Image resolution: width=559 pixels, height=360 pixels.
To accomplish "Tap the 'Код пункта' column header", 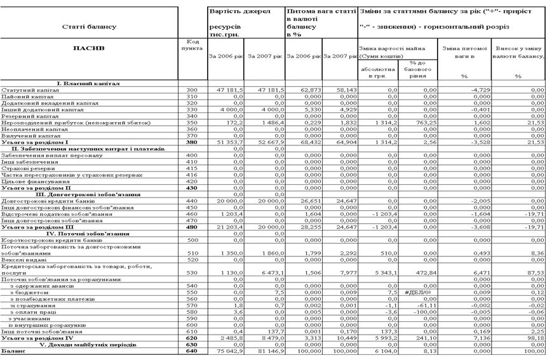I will coord(191,45).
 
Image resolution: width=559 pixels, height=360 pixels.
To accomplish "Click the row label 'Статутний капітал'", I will coord(27,90).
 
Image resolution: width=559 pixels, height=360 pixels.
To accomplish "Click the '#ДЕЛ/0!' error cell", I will coord(417,291).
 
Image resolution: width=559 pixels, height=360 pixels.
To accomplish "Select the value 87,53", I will coord(537,272).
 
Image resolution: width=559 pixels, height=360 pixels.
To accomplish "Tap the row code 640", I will coord(192,350).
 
